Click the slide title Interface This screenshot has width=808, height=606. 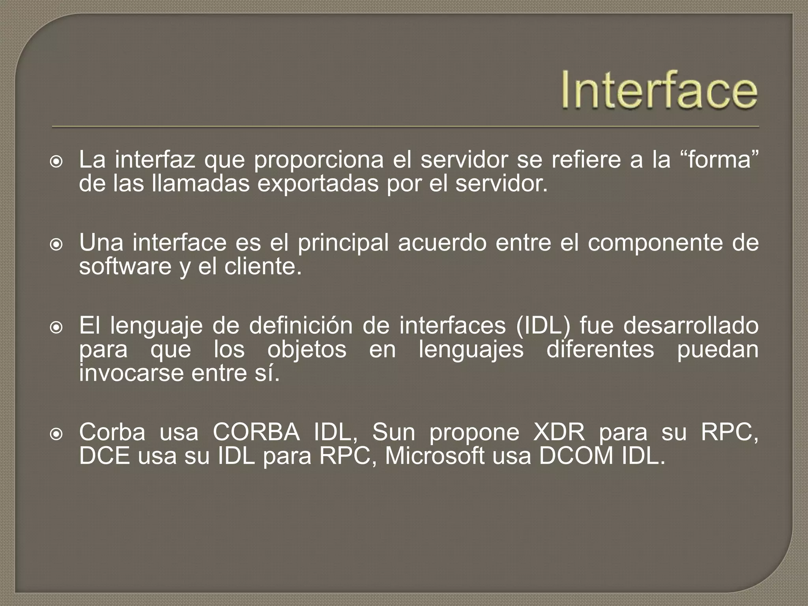659,90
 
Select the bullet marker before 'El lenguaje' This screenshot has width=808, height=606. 57,327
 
